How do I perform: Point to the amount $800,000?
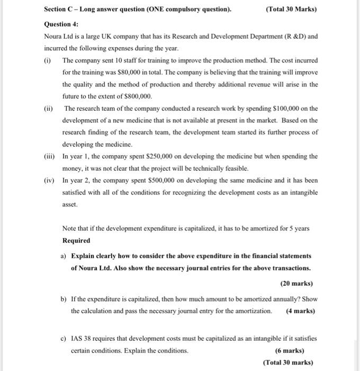click(x=137, y=96)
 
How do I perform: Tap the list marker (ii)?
click(x=49, y=109)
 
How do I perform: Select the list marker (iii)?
click(x=50, y=156)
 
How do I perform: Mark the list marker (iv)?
click(x=50, y=180)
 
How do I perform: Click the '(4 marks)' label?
click(x=300, y=311)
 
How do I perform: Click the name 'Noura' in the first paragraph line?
click(x=54, y=37)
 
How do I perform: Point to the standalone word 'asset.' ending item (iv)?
click(x=70, y=204)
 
